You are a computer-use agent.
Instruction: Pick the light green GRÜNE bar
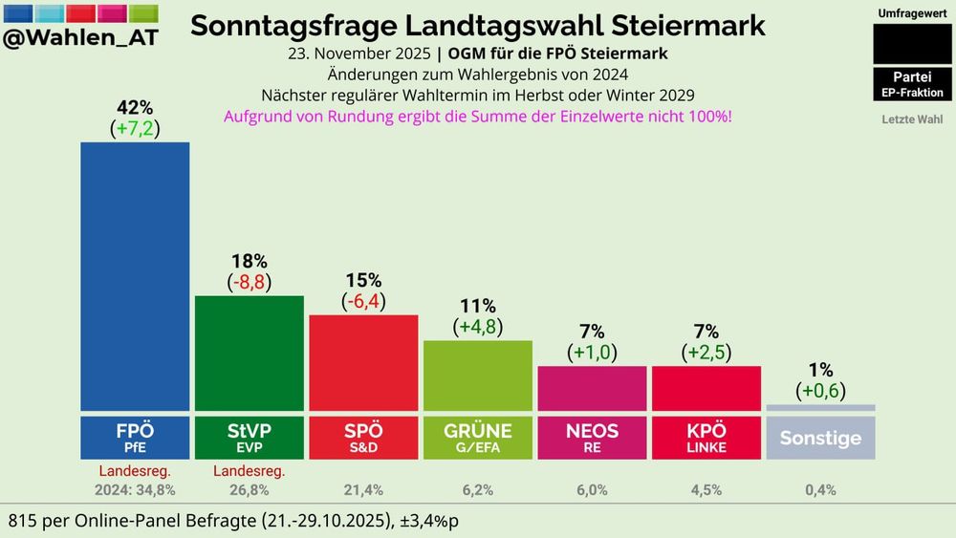[477, 375]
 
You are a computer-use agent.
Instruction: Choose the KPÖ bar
[706, 387]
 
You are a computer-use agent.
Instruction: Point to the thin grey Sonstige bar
[820, 408]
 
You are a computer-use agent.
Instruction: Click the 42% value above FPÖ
[135, 107]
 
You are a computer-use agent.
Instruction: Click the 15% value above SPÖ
[363, 280]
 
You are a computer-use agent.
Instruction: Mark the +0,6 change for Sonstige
[820, 390]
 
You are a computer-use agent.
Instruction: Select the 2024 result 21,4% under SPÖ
[363, 490]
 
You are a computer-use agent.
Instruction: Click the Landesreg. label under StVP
[249, 470]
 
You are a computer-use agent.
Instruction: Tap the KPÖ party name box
[706, 437]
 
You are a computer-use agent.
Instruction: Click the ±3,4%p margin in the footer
[421, 522]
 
